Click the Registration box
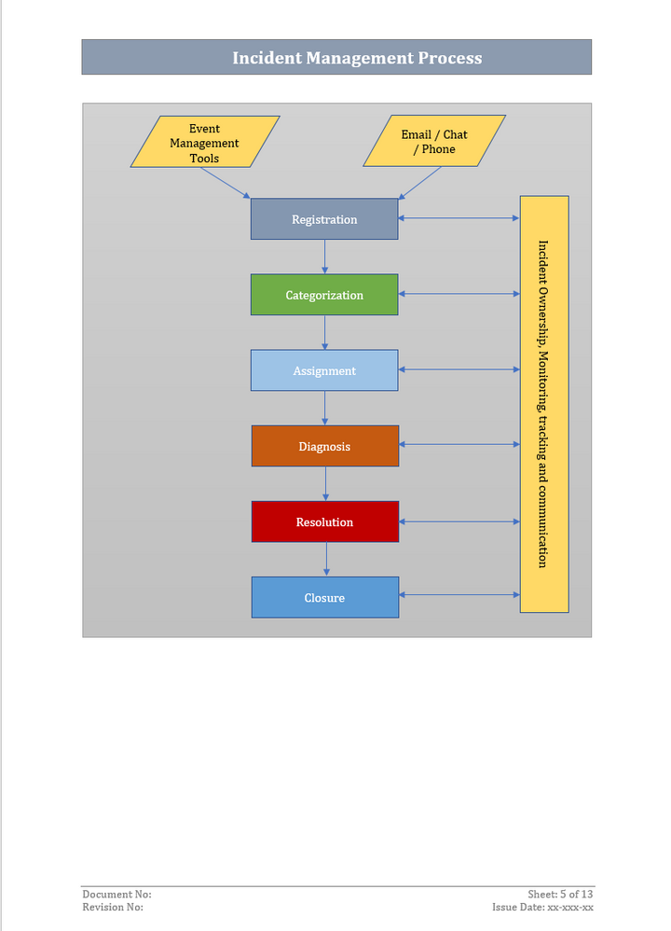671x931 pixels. (324, 219)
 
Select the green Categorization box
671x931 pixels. (324, 295)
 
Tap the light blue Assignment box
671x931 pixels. (324, 370)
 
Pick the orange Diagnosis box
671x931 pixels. (325, 446)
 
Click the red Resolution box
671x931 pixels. (325, 521)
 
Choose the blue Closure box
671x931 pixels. (325, 597)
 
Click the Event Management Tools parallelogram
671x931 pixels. (205, 143)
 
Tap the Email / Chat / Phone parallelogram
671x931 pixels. (434, 141)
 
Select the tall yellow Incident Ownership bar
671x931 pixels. (544, 404)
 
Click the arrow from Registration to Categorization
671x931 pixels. (324, 257)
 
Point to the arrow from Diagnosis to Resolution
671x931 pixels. (325, 483)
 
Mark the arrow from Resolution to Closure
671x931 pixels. (325, 559)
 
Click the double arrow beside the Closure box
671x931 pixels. (459, 594)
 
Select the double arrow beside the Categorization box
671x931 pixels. (459, 294)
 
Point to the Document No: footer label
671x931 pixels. (116, 895)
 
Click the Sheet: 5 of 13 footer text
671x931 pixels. (560, 895)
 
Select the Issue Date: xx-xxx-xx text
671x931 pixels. (542, 907)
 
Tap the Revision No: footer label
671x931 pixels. (113, 907)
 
